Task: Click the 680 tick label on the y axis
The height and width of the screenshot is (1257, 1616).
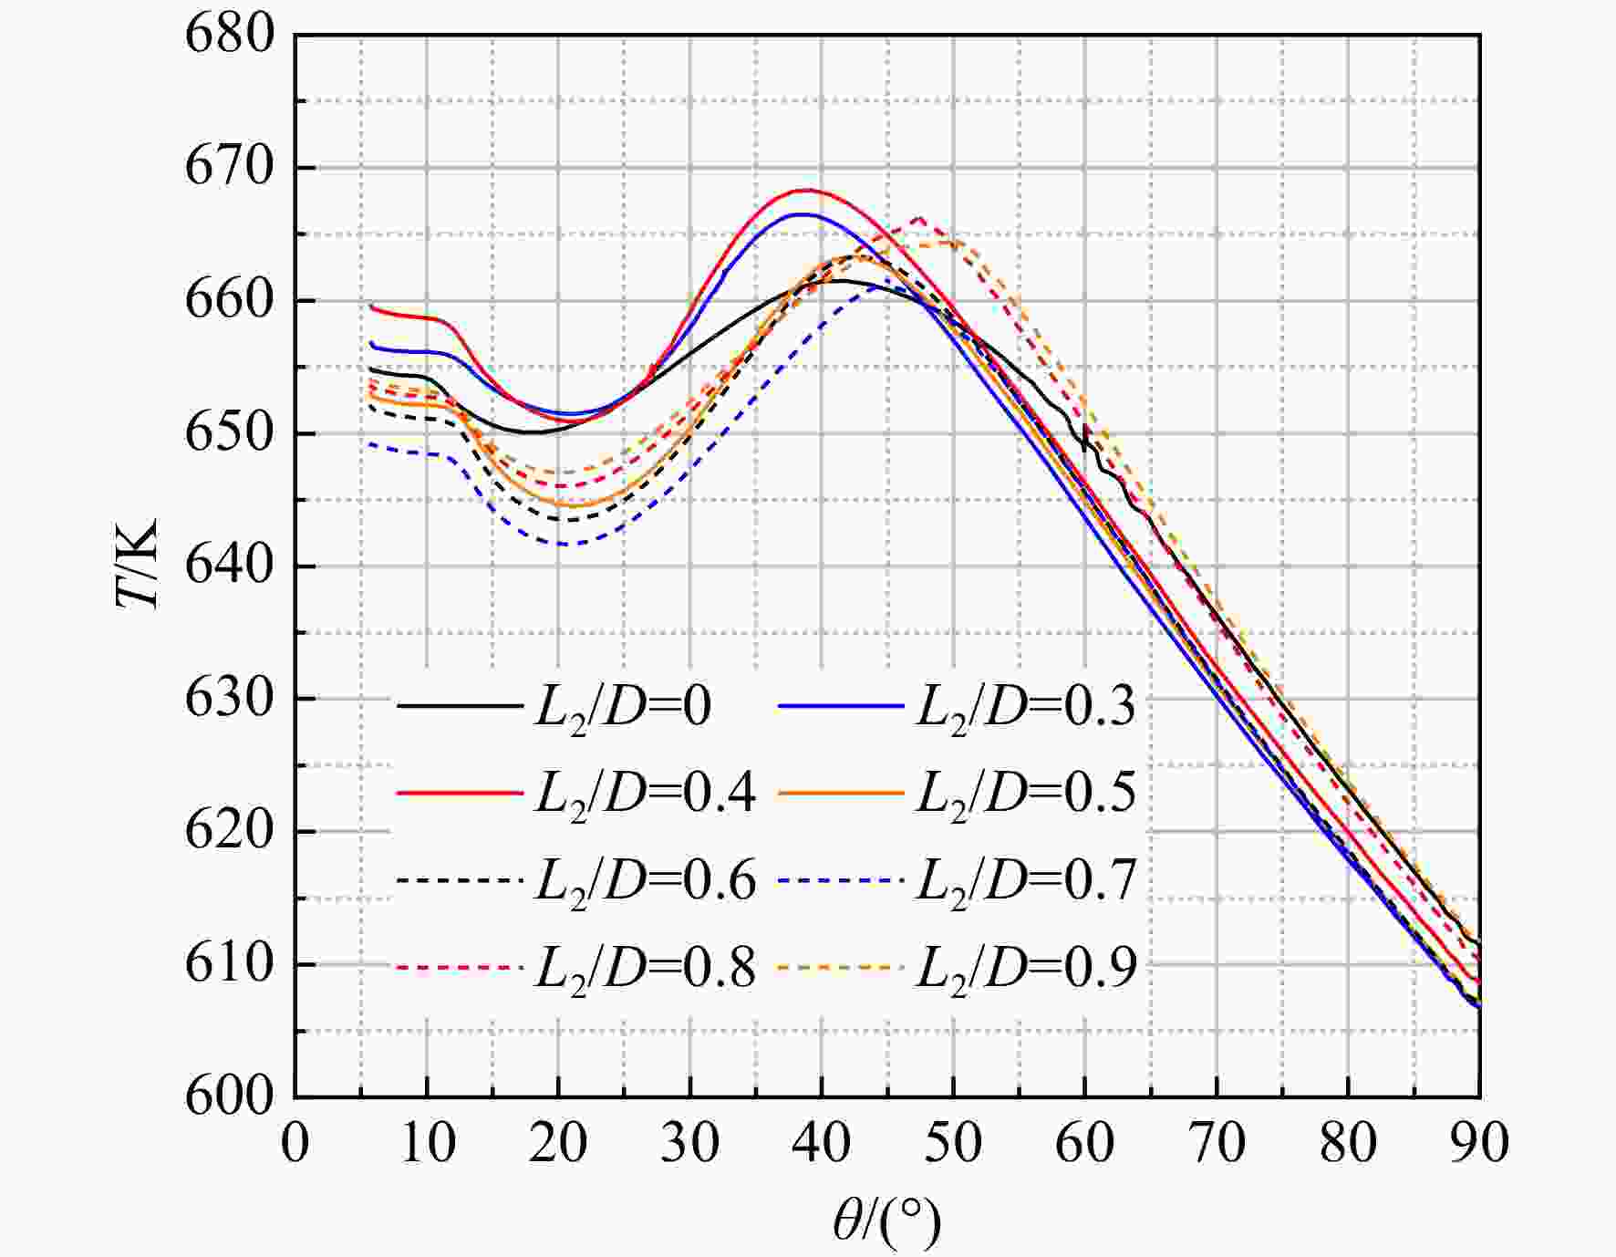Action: click(x=230, y=36)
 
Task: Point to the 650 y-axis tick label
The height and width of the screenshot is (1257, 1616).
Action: click(x=230, y=433)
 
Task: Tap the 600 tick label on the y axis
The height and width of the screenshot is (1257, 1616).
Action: click(x=230, y=1096)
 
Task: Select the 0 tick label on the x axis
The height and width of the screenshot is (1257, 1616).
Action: click(x=295, y=1143)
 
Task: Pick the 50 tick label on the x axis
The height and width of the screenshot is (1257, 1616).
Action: click(x=953, y=1143)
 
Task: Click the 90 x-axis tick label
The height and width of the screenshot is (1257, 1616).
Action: click(x=1479, y=1143)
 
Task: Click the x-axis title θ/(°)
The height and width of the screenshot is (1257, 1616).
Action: click(x=886, y=1222)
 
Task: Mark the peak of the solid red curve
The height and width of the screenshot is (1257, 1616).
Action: click(x=806, y=190)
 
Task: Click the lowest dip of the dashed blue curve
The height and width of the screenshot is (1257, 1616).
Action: click(x=560, y=545)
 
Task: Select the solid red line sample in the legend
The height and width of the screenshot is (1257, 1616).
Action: click(x=460, y=793)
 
